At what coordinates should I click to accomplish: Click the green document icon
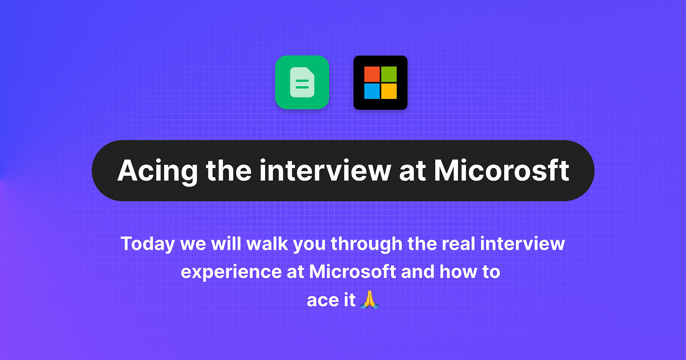point(302,82)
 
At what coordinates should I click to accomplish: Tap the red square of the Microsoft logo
point(372,74)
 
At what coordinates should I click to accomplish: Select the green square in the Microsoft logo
point(389,74)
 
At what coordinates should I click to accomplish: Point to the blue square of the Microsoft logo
point(372,91)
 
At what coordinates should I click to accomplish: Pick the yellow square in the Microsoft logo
point(389,91)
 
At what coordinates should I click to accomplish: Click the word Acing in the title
point(157,170)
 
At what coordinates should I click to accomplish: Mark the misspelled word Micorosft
point(502,170)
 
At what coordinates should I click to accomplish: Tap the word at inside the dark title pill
point(413,170)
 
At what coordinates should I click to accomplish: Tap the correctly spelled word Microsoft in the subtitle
point(352,272)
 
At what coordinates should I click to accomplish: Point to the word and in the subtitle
point(417,272)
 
